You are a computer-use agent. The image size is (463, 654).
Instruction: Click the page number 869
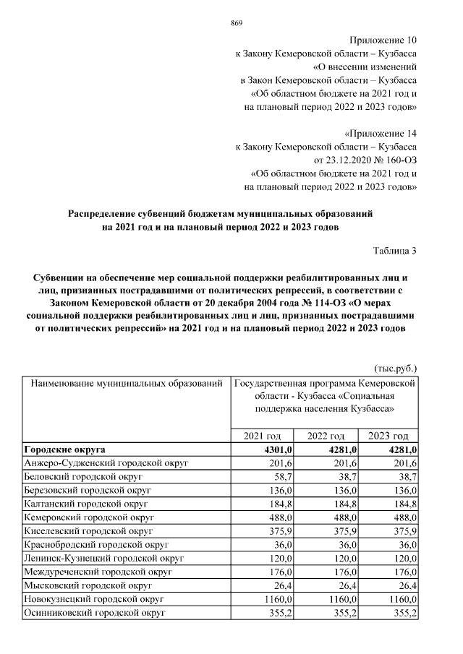pyautogui.click(x=236, y=23)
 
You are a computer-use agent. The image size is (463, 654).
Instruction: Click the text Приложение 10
pyautogui.click(x=385, y=40)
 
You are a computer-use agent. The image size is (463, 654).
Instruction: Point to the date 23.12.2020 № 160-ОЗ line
pyautogui.click(x=365, y=160)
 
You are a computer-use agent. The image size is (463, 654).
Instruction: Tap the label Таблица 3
pyautogui.click(x=395, y=251)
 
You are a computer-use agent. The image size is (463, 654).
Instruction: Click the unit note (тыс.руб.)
pyautogui.click(x=396, y=367)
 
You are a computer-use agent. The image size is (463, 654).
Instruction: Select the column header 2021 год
pyautogui.click(x=261, y=436)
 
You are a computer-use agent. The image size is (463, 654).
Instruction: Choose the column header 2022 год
pyautogui.click(x=325, y=436)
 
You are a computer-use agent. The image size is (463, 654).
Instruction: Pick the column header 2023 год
pyautogui.click(x=388, y=436)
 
